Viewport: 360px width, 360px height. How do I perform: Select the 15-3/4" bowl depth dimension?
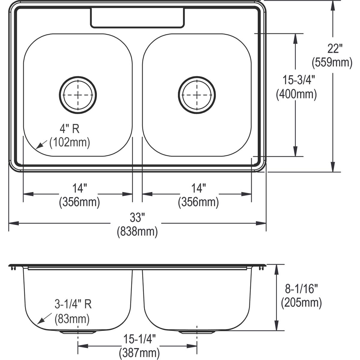[296, 80]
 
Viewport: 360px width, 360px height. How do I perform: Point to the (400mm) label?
[296, 94]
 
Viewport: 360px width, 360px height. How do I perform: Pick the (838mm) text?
[137, 231]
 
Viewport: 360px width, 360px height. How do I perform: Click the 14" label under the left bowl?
[79, 188]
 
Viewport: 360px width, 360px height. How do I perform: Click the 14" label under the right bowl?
[198, 188]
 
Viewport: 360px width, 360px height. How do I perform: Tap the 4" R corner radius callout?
[69, 129]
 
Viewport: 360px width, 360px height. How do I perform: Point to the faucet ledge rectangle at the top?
[137, 18]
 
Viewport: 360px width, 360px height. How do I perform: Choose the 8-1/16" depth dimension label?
[301, 289]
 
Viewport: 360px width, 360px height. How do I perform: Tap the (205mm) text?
[301, 303]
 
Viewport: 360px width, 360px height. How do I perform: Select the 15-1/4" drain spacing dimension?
[139, 340]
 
